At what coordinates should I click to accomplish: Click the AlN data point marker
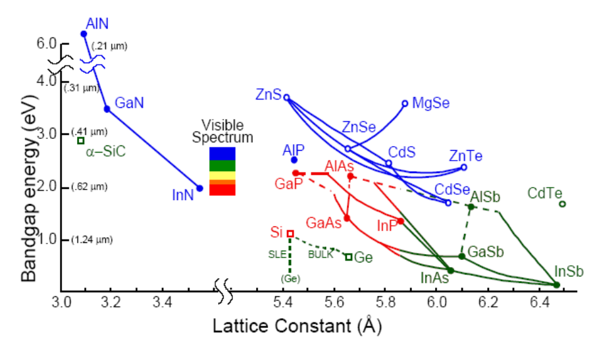point(84,34)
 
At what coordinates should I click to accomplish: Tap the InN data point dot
point(199,188)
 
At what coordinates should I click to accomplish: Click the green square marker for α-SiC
point(81,140)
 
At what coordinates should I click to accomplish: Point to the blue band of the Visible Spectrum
point(222,153)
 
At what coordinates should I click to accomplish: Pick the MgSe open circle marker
point(405,103)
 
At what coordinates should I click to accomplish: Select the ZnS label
point(269,94)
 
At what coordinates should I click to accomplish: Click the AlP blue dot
point(294,160)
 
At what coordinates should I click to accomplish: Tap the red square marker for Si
point(290,234)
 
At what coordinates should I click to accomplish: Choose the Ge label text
point(364,257)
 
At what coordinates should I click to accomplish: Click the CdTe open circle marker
point(562,204)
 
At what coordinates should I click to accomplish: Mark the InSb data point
point(557,284)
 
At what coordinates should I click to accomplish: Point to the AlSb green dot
point(471,207)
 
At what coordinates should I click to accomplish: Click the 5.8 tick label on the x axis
point(386,305)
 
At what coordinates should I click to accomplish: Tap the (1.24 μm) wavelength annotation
point(89,240)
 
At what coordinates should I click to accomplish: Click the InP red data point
point(400,221)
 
